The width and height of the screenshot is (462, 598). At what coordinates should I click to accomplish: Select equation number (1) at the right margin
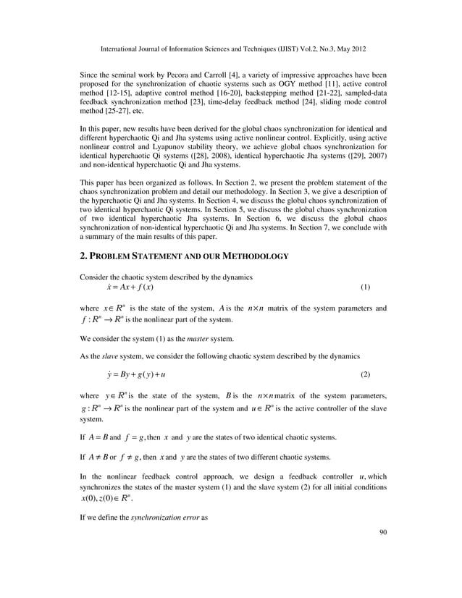pyautogui.click(x=365, y=287)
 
